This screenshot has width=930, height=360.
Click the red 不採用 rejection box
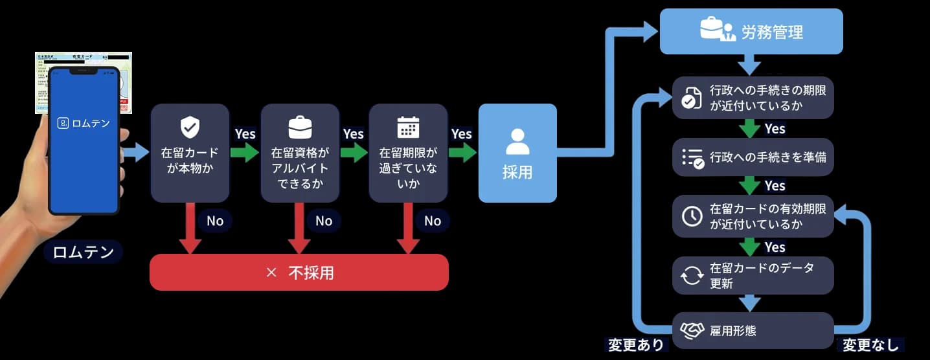[x=299, y=272]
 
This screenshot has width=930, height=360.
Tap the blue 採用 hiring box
[x=517, y=153]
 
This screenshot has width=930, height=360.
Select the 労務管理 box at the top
[x=751, y=31]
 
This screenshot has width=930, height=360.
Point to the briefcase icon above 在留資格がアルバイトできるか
[x=299, y=128]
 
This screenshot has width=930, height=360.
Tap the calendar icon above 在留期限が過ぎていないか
[x=408, y=127]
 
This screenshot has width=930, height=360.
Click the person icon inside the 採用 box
[x=517, y=141]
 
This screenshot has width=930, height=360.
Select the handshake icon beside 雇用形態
[x=692, y=331]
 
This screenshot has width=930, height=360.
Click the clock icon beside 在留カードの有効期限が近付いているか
[x=692, y=216]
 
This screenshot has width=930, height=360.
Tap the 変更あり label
[x=635, y=344]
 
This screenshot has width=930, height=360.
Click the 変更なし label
[x=870, y=344]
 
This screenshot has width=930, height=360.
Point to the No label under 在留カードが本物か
[x=214, y=221]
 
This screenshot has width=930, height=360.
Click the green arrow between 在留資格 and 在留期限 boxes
[x=353, y=153]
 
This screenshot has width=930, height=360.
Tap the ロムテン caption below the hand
[x=84, y=252]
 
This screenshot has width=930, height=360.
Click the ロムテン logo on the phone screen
[x=84, y=122]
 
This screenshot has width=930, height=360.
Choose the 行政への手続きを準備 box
[x=753, y=157]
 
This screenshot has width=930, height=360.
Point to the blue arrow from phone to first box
[x=135, y=153]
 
